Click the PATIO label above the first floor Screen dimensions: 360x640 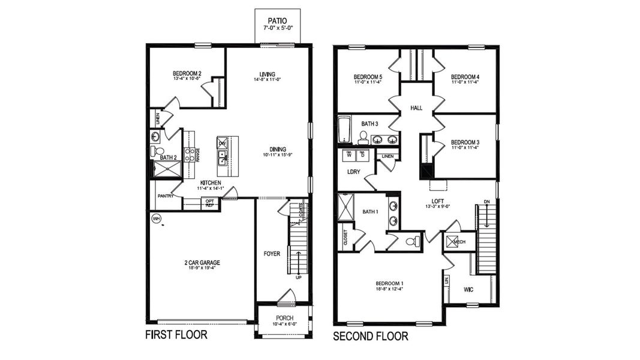coord(277,20)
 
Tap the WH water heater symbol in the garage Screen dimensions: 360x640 coord(157,218)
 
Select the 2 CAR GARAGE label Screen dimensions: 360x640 coord(202,262)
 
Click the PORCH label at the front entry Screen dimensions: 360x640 coord(284,317)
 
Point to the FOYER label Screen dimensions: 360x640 coord(272,254)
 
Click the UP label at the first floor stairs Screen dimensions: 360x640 coord(298,277)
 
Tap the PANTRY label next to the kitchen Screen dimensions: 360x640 coord(166,196)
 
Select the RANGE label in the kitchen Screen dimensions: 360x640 coord(197,154)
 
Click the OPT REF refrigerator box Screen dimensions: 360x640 coord(209,203)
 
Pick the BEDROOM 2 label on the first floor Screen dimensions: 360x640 coord(187,74)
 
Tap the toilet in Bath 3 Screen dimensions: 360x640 coord(363,138)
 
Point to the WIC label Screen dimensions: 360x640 coord(468,290)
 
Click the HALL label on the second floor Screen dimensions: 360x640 coord(416,108)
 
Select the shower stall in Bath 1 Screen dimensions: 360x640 coord(346,208)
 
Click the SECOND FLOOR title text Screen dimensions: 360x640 coord(370,337)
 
